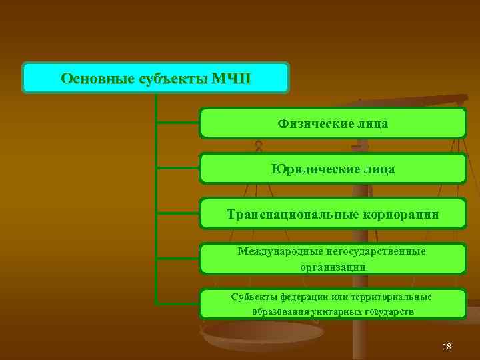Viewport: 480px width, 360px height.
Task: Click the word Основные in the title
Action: tap(97, 79)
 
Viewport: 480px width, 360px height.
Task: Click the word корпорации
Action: tap(399, 215)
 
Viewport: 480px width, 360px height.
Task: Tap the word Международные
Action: tap(280, 251)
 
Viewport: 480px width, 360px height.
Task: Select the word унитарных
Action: tap(337, 311)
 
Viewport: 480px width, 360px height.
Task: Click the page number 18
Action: tap(447, 347)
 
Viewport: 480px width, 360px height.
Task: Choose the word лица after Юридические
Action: tap(378, 169)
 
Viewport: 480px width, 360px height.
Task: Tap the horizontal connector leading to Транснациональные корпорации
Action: tap(177, 213)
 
